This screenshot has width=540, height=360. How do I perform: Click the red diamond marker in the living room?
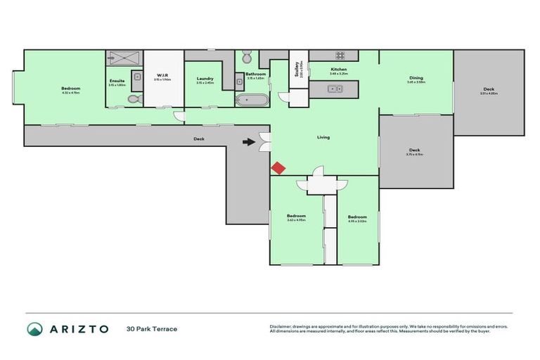(278, 168)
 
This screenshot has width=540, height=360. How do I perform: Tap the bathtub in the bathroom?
(252, 100)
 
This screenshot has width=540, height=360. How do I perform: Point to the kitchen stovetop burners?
(340, 56)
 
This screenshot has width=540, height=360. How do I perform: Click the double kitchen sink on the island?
(335, 89)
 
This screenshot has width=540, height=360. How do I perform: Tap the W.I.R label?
(160, 75)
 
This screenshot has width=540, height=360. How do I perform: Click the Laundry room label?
(205, 78)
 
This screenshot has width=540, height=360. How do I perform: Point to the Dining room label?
(416, 77)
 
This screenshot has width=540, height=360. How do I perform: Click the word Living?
(323, 137)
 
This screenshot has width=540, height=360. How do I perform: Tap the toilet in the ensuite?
(134, 100)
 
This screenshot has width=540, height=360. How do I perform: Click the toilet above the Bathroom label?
(247, 58)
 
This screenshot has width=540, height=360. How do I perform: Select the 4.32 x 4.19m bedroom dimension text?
(72, 92)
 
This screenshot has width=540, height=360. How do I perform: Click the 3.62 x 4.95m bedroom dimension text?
(296, 220)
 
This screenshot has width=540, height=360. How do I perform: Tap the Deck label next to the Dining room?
(489, 89)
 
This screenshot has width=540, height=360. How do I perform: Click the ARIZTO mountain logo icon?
(34, 328)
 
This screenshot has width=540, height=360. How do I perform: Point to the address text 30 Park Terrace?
(152, 328)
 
